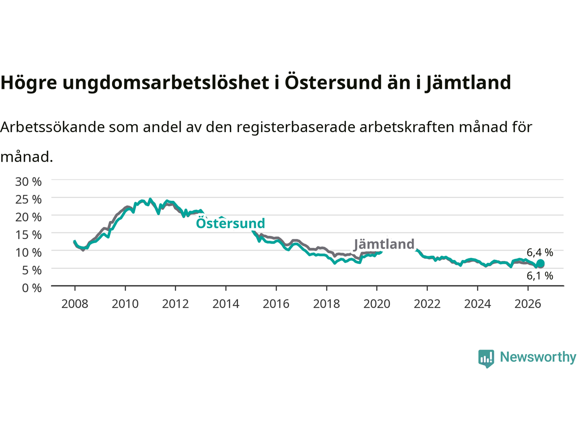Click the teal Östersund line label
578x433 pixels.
(230, 223)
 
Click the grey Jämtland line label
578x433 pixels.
(384, 244)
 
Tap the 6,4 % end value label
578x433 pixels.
(540, 253)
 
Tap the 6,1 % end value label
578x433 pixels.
(540, 276)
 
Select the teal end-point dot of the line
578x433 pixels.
(541, 263)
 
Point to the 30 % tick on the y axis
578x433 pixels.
(28, 182)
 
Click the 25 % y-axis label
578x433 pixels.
(28, 199)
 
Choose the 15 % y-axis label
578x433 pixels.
(28, 235)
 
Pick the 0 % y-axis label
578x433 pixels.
(32, 288)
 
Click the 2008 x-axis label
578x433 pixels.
(75, 304)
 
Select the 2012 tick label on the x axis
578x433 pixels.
(175, 304)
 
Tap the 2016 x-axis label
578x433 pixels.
(276, 304)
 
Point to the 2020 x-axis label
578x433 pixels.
(377, 304)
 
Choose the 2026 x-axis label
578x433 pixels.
(528, 304)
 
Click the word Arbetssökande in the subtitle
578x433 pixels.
(53, 127)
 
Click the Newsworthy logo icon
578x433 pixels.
(486, 359)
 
